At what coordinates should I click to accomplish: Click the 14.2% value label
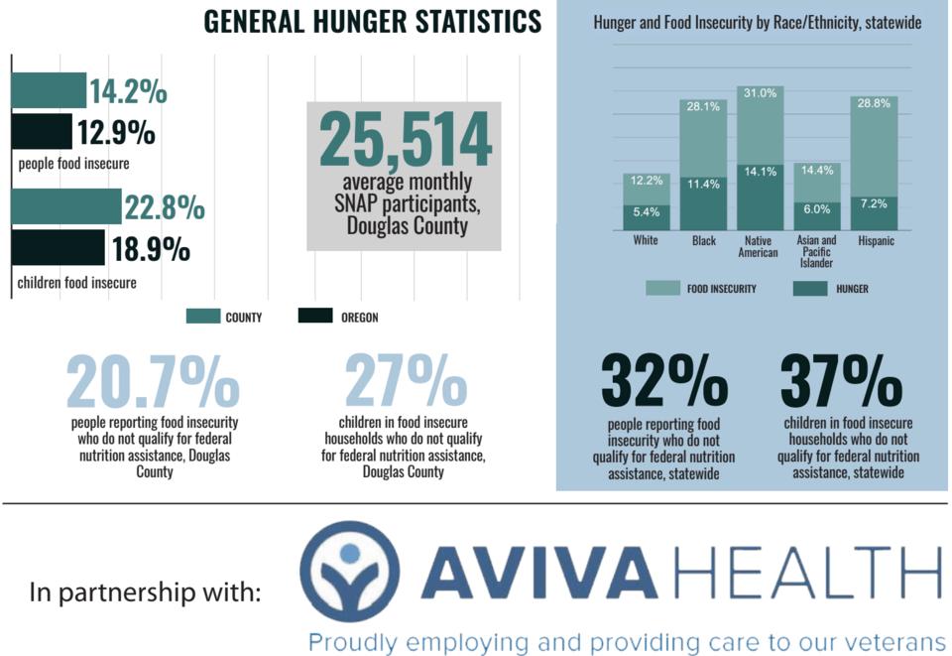[x=128, y=91]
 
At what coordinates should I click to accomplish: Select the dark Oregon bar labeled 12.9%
[x=42, y=131]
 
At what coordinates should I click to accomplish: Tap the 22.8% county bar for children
[x=66, y=206]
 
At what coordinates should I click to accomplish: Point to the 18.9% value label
[x=150, y=249]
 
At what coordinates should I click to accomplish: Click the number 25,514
[x=405, y=140]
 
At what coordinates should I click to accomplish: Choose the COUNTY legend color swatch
[x=202, y=317]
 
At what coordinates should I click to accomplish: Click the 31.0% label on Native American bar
[x=760, y=93]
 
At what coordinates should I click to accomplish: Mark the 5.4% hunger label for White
[x=646, y=211]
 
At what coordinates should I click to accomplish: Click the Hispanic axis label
[x=874, y=241]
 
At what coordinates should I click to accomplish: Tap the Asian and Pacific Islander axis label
[x=817, y=252]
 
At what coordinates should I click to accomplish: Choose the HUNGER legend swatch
[x=809, y=289]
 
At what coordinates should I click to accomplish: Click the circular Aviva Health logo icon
[x=350, y=570]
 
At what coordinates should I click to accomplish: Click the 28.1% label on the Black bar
[x=703, y=107]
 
